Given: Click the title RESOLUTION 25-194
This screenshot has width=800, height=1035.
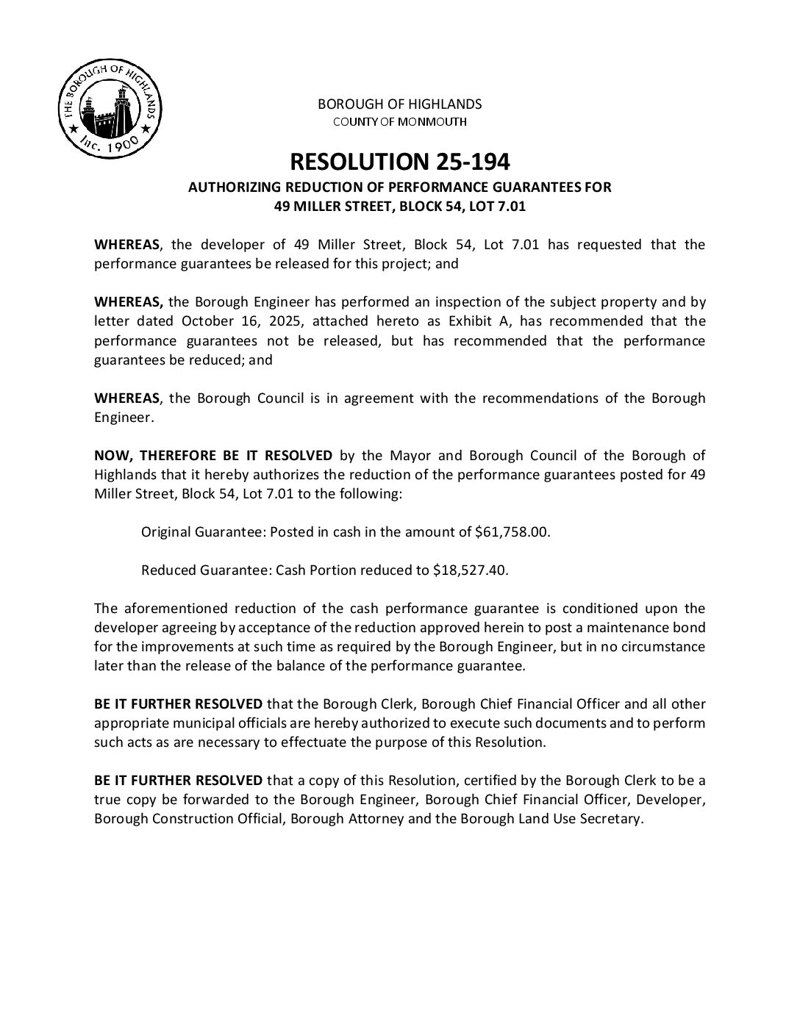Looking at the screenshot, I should (399, 161).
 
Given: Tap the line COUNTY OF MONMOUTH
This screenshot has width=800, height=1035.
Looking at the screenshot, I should (399, 121).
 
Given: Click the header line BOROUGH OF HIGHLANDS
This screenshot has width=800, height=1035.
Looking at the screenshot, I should (399, 104).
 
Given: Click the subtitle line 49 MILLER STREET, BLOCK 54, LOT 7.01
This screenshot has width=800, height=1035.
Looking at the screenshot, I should (399, 207).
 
